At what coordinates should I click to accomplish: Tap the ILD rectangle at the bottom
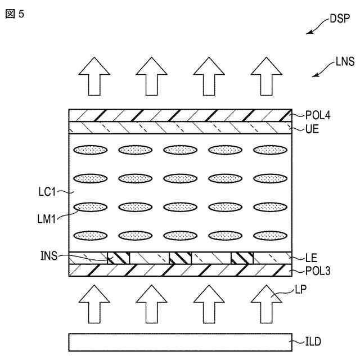(180, 342)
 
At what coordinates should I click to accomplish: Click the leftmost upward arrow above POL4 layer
(93, 77)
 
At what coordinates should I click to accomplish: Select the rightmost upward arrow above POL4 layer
(266, 77)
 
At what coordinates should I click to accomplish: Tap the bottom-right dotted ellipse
(269, 235)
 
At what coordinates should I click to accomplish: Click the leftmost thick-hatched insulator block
(119, 258)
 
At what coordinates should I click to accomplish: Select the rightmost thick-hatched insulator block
(242, 258)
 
